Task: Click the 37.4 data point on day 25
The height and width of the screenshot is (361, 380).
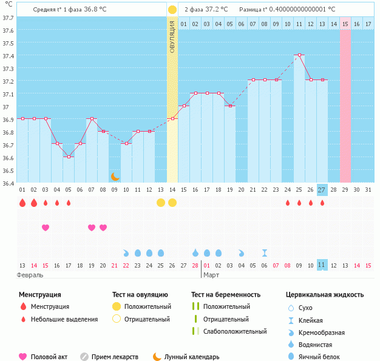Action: pos(299,55)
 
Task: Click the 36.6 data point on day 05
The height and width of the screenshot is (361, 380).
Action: pos(69,157)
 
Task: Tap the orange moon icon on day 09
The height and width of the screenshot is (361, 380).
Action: pos(115,176)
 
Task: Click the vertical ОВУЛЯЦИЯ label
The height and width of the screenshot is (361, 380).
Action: pos(172,36)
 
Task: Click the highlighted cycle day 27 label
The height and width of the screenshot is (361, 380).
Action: pos(322,190)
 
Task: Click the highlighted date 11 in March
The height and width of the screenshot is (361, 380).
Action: pos(322,265)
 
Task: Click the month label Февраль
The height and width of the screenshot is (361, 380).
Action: pos(30,275)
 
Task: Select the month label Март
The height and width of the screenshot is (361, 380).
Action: pos(211,275)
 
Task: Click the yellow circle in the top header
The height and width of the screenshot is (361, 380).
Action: pos(172,10)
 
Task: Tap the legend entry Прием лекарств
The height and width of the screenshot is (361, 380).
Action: pos(114,357)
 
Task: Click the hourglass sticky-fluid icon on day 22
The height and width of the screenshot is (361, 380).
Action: pos(264,252)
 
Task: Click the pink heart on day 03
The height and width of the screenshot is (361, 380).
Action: pos(46,228)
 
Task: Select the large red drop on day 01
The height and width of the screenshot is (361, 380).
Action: pos(22,203)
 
